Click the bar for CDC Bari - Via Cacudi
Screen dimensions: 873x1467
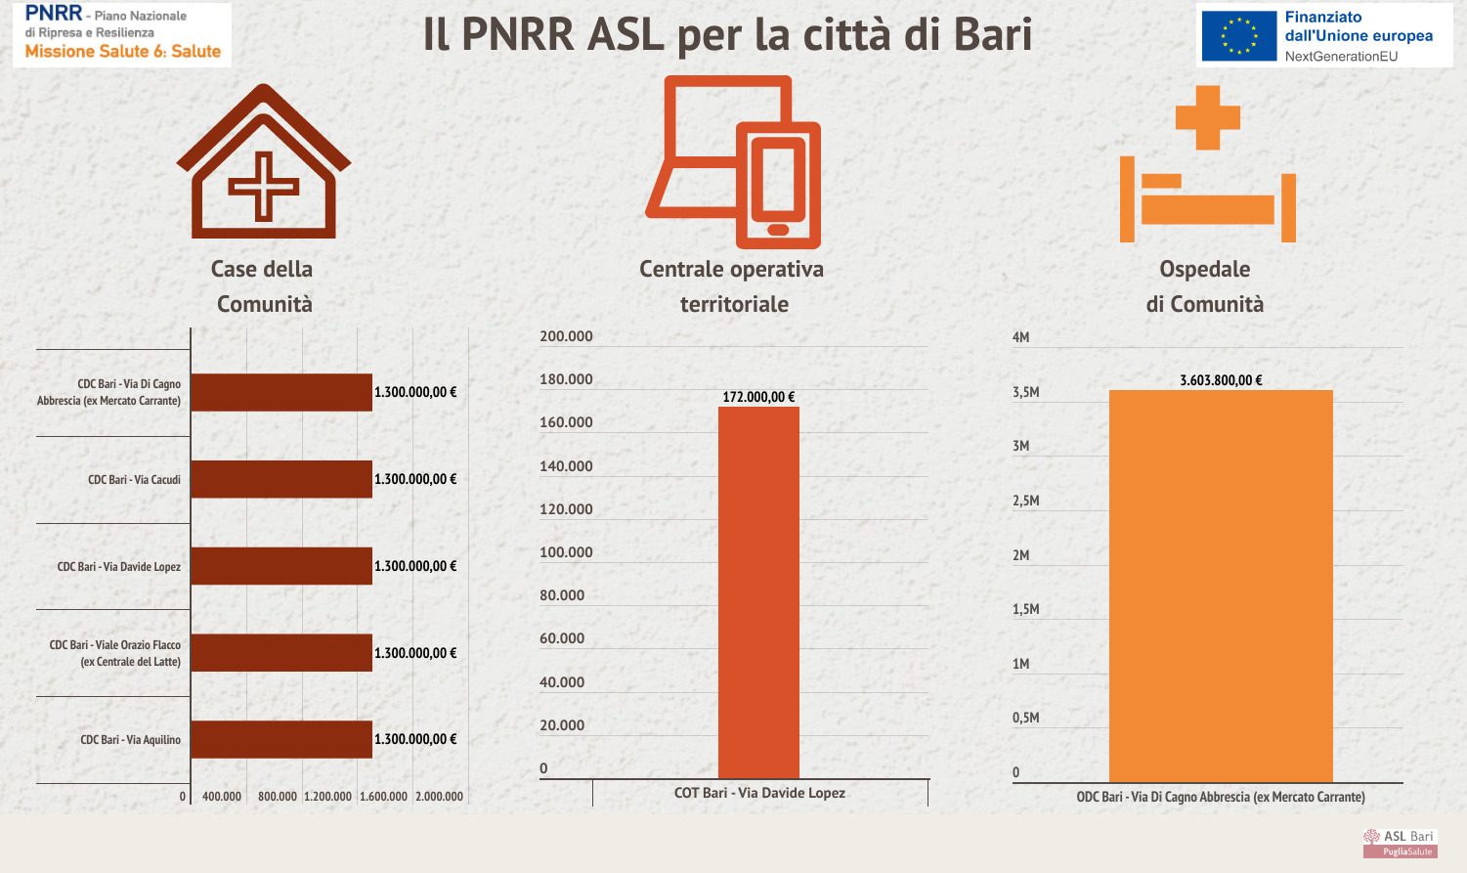(x=281, y=479)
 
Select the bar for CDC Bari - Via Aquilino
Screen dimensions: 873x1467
(x=281, y=739)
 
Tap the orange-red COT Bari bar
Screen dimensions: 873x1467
(x=758, y=592)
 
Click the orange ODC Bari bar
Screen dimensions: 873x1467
(x=1221, y=587)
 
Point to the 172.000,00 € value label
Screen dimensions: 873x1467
(x=758, y=397)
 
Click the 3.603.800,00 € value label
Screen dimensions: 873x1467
(x=1221, y=380)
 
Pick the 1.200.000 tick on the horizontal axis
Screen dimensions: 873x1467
(x=327, y=797)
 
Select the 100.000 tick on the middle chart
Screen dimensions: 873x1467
(x=566, y=552)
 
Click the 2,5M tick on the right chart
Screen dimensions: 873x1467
(x=1025, y=501)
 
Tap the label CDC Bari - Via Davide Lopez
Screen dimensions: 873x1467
(x=119, y=567)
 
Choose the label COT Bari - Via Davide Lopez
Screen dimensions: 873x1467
(x=759, y=793)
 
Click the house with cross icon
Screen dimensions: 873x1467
(x=263, y=162)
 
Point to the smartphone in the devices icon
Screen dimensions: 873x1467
(x=778, y=186)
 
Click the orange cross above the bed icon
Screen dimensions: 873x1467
(x=1208, y=117)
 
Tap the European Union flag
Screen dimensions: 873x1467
(x=1239, y=36)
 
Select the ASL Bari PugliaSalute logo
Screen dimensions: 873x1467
(x=1400, y=843)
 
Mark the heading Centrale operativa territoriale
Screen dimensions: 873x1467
(x=732, y=286)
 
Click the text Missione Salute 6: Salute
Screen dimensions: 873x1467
(x=123, y=52)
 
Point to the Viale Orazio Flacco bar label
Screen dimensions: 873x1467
(x=115, y=653)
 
